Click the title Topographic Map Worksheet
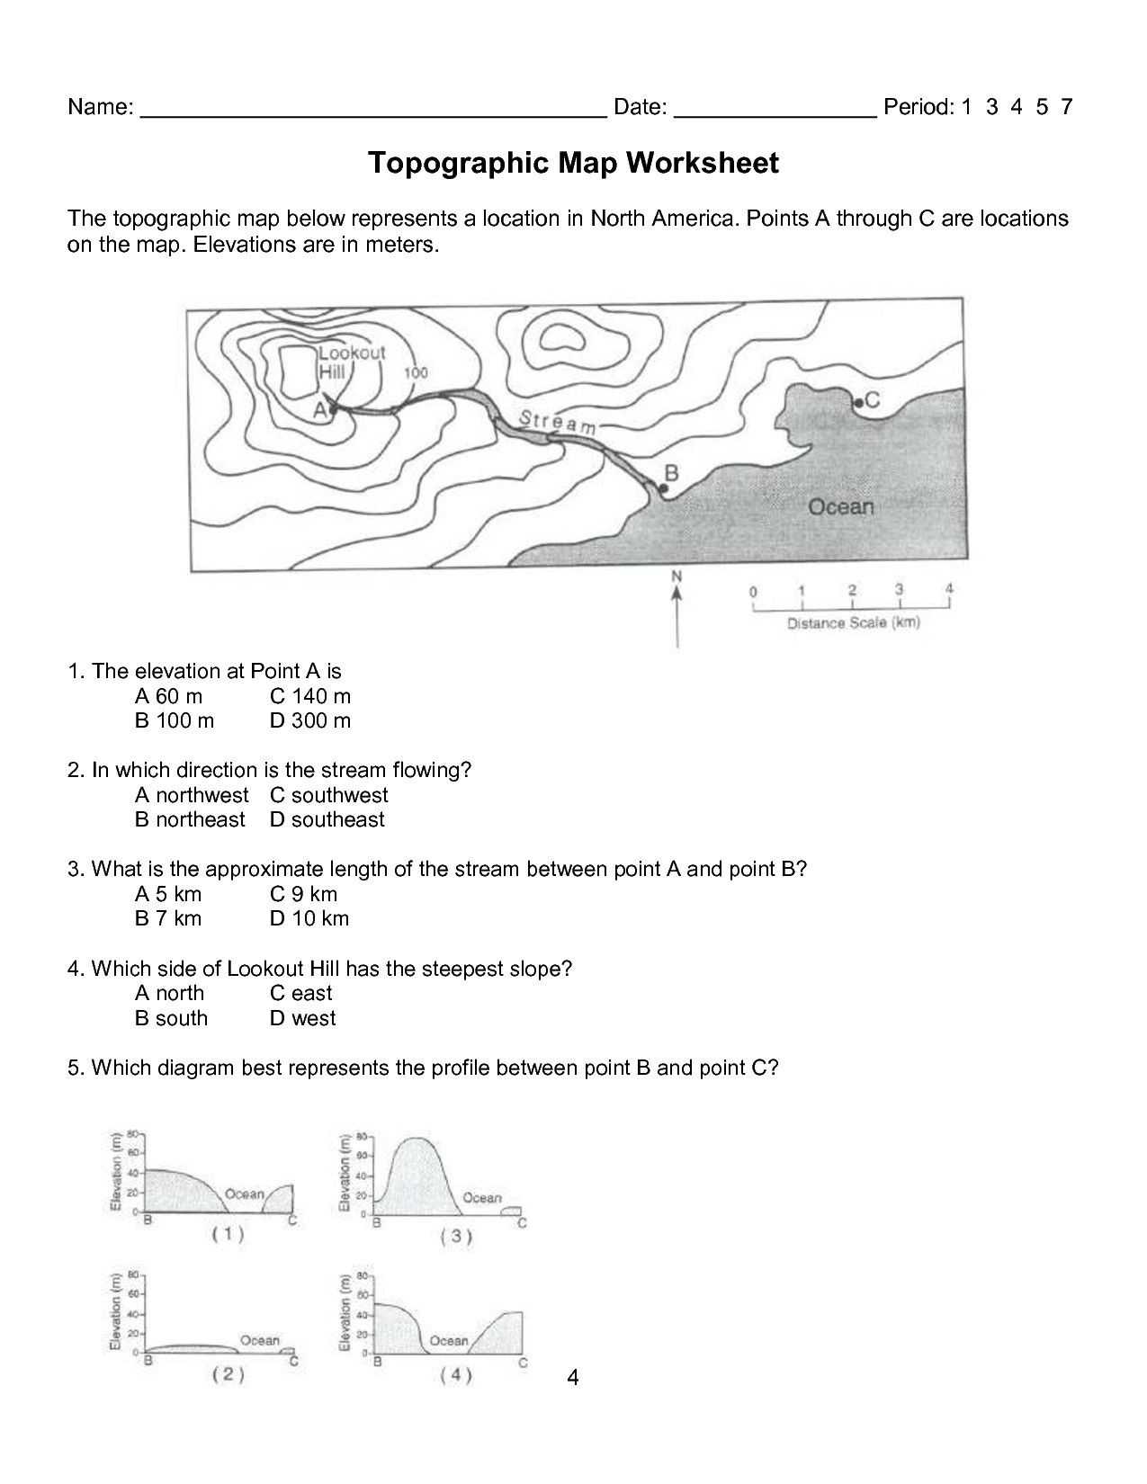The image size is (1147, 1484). coord(573,164)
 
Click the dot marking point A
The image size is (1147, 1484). coord(333,409)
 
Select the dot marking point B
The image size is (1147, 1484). coord(663,488)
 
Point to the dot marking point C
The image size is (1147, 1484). coord(858,403)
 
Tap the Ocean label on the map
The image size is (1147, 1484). coord(840,507)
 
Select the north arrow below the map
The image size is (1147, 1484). coord(677,612)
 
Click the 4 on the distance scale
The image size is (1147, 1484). coord(948,589)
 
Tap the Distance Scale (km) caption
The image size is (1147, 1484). coord(853,622)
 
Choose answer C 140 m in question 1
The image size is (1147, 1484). coord(310,696)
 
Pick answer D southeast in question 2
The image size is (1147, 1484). coord(327,820)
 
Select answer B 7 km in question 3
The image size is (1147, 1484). coord(168,919)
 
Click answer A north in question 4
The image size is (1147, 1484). coord(169,994)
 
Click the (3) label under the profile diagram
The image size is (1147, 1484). coord(456,1237)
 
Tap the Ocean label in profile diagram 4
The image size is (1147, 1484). coord(449,1341)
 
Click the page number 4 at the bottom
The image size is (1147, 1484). coord(573,1377)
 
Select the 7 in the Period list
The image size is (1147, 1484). coord(1066,108)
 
